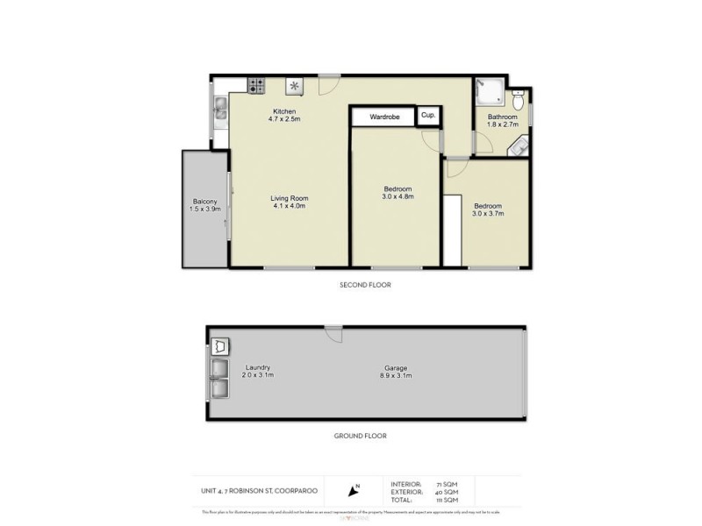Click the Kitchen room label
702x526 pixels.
283,111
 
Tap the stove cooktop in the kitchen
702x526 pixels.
256,85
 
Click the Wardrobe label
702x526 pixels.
384,116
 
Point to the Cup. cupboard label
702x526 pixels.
428,115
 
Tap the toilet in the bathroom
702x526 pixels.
517,95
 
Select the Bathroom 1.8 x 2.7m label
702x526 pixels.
503,121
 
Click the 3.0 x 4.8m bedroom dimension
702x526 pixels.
398,197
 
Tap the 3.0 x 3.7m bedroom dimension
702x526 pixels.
487,213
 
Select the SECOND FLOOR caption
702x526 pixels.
365,285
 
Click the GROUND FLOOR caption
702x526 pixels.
361,436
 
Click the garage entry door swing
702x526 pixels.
333,333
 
